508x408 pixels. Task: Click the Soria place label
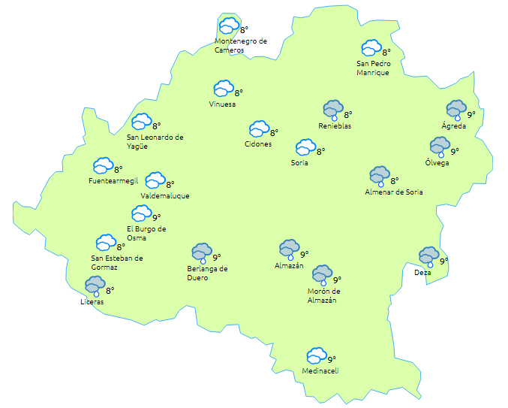(x=299, y=162)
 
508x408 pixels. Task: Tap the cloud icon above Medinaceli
(x=317, y=355)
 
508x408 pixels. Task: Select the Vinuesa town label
(x=223, y=104)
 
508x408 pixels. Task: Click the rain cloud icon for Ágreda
(x=455, y=110)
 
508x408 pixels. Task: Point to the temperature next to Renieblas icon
(x=348, y=114)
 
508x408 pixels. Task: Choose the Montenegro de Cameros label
(x=240, y=46)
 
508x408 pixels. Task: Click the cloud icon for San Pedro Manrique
(x=371, y=49)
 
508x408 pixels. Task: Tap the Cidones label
(x=258, y=144)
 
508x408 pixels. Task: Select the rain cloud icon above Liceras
(x=95, y=286)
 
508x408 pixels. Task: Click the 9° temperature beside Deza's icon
(x=444, y=261)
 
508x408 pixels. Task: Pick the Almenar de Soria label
(x=393, y=192)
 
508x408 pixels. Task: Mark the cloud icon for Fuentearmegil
(x=103, y=165)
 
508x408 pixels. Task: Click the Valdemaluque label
(x=164, y=196)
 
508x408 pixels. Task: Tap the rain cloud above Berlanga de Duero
(x=201, y=252)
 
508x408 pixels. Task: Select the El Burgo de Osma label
(x=146, y=234)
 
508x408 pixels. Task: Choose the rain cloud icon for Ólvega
(x=439, y=146)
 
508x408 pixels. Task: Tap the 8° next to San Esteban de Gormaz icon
(x=121, y=246)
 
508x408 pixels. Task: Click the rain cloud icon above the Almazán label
(x=289, y=249)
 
